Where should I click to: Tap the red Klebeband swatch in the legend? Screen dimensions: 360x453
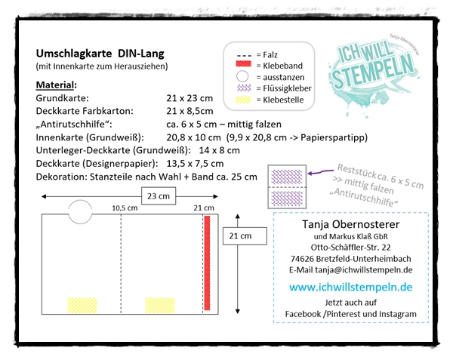242,66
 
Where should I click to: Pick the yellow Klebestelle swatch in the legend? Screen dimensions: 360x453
242,99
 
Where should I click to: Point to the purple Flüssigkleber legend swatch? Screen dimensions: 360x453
242,88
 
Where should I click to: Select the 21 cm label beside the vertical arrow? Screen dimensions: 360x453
239,237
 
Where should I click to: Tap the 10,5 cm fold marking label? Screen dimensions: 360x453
124,208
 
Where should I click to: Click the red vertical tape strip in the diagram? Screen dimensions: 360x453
206,263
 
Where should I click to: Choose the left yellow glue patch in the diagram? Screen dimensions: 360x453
82,305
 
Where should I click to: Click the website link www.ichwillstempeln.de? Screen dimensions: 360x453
350,288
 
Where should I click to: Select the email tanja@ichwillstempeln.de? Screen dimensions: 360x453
350,269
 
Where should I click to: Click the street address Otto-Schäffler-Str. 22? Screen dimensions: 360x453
350,247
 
